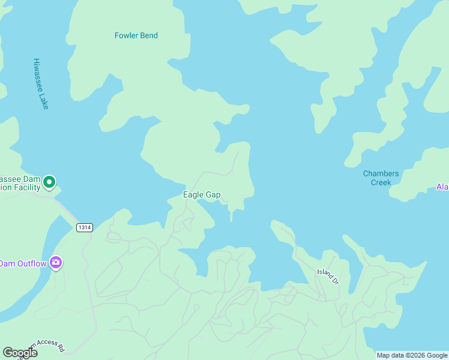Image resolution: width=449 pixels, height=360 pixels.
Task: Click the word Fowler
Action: [x=127, y=35]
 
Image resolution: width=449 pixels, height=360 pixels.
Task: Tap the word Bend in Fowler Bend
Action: [x=148, y=35]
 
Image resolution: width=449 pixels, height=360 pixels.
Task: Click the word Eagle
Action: [x=193, y=194]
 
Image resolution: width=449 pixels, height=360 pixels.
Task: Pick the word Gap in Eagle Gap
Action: [x=213, y=195]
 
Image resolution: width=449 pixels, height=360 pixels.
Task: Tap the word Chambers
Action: [x=381, y=174]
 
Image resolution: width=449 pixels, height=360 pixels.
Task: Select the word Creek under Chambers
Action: [x=381, y=182]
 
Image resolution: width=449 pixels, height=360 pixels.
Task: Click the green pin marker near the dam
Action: [x=49, y=181]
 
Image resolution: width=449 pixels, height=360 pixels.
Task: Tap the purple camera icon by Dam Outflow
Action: [x=56, y=262]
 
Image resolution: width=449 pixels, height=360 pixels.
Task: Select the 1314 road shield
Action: [x=84, y=227]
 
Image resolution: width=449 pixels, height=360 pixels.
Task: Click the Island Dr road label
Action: [x=328, y=273]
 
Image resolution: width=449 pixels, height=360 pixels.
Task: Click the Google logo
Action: [x=20, y=353]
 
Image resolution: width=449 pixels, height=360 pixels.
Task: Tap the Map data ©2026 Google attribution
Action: [x=412, y=355]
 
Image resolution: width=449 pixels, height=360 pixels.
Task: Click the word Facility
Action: [x=23, y=187]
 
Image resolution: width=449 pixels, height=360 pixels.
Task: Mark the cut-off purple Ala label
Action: [x=442, y=187]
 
